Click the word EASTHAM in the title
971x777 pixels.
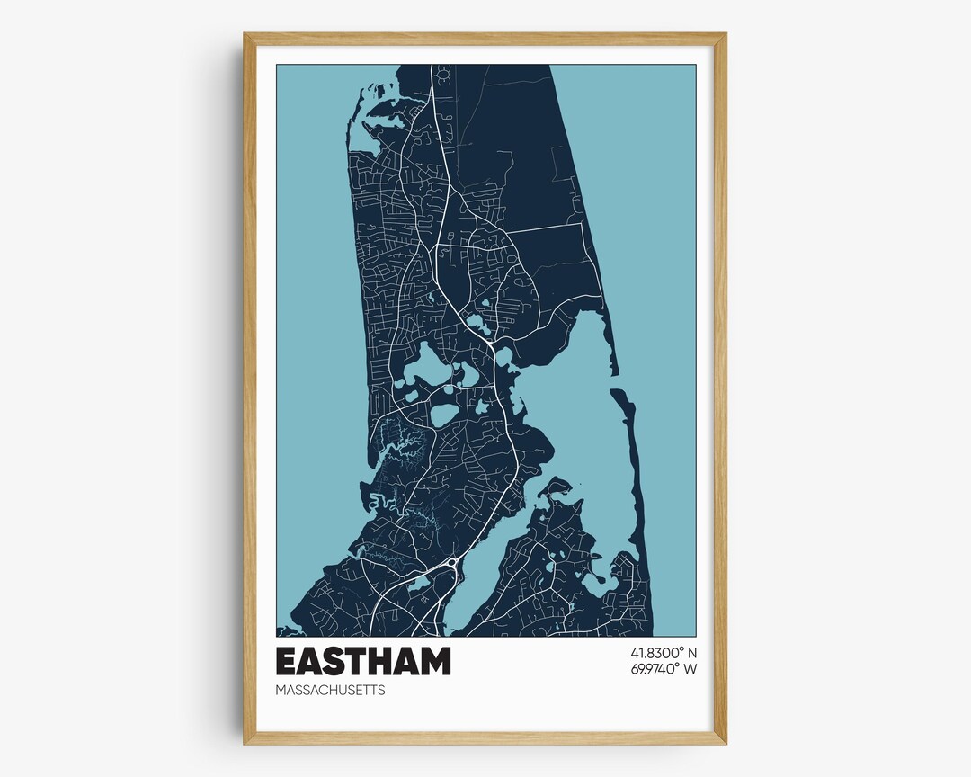click(362, 661)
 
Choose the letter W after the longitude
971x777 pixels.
click(690, 668)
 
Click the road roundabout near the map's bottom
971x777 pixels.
click(451, 564)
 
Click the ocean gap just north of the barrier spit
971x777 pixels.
click(618, 382)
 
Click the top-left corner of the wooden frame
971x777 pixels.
click(245, 35)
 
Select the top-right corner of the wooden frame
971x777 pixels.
click(725, 35)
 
